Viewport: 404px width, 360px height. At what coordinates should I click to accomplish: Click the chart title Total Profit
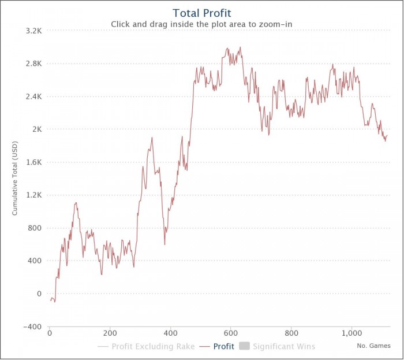201,12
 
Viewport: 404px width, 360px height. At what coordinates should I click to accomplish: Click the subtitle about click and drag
201,24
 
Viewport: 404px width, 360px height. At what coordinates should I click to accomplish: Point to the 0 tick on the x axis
50,333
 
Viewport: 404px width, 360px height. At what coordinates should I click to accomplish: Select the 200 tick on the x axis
110,333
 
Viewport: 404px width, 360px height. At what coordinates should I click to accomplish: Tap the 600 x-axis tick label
231,333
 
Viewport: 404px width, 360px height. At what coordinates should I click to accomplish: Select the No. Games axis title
373,346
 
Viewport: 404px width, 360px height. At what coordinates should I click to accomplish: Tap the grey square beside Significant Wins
244,347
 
